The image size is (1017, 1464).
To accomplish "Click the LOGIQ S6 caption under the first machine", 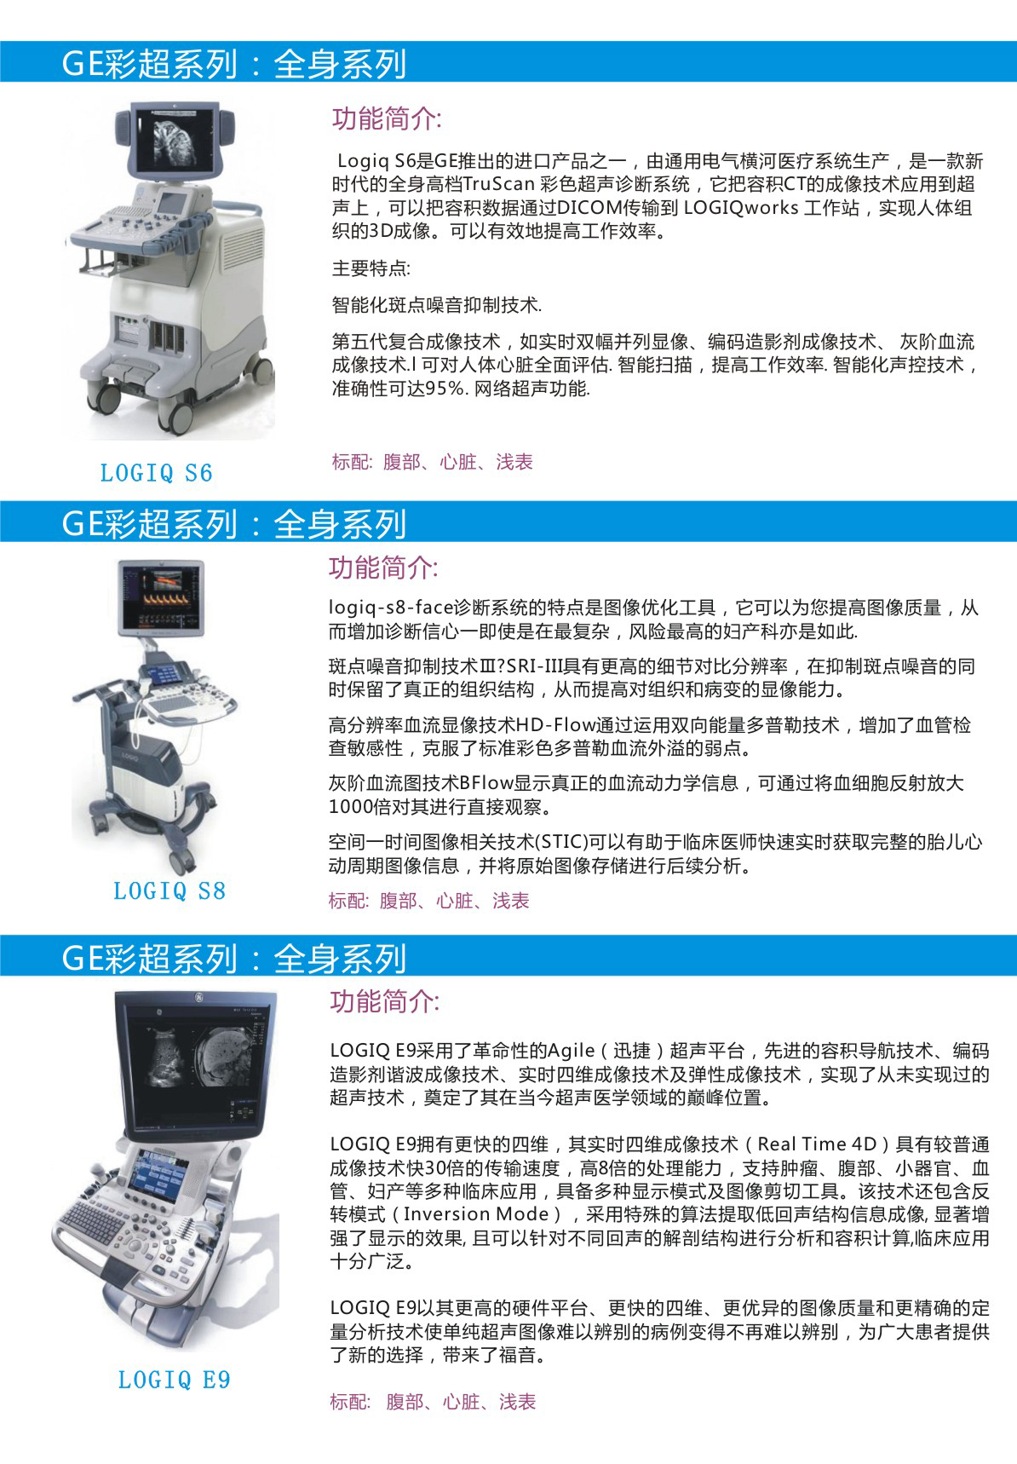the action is tap(156, 473).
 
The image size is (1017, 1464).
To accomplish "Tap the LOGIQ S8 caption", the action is tap(169, 891).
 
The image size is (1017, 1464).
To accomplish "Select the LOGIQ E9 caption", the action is tap(174, 1380).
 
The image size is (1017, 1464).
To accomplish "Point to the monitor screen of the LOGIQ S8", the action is tap(160, 593).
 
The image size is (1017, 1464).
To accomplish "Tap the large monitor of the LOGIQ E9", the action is tap(194, 1064).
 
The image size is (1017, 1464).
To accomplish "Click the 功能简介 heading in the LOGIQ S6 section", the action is tap(387, 118).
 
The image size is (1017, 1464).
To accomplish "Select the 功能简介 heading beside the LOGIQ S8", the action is tap(383, 568).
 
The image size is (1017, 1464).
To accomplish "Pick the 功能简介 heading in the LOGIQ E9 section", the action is tap(385, 1001).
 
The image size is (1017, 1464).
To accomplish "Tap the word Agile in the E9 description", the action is tap(572, 1051).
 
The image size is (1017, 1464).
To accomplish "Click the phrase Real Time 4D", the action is tap(817, 1144).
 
